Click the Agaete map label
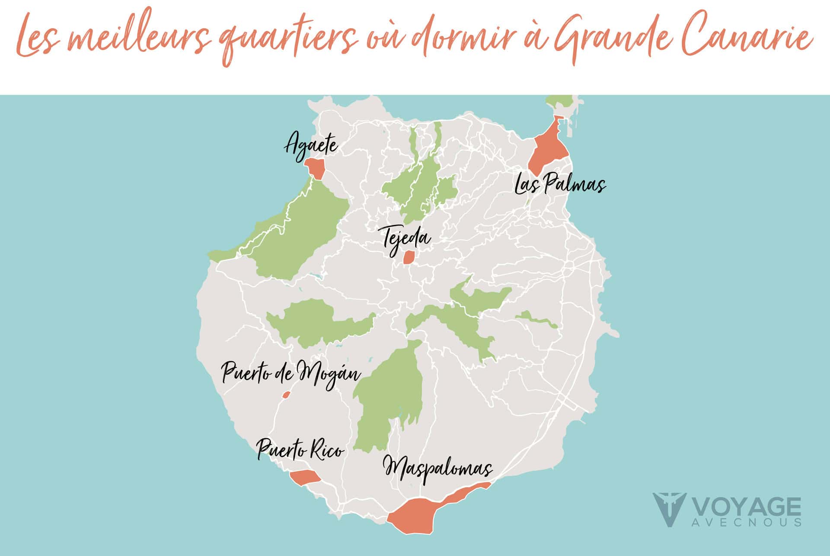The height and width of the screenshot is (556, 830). click(310, 146)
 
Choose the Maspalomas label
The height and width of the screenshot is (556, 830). click(437, 469)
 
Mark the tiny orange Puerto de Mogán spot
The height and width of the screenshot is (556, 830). click(286, 395)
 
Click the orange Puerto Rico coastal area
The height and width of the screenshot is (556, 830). click(305, 477)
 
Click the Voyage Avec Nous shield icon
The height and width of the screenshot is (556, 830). click(669, 509)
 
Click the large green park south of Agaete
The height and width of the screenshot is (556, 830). click(298, 234)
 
